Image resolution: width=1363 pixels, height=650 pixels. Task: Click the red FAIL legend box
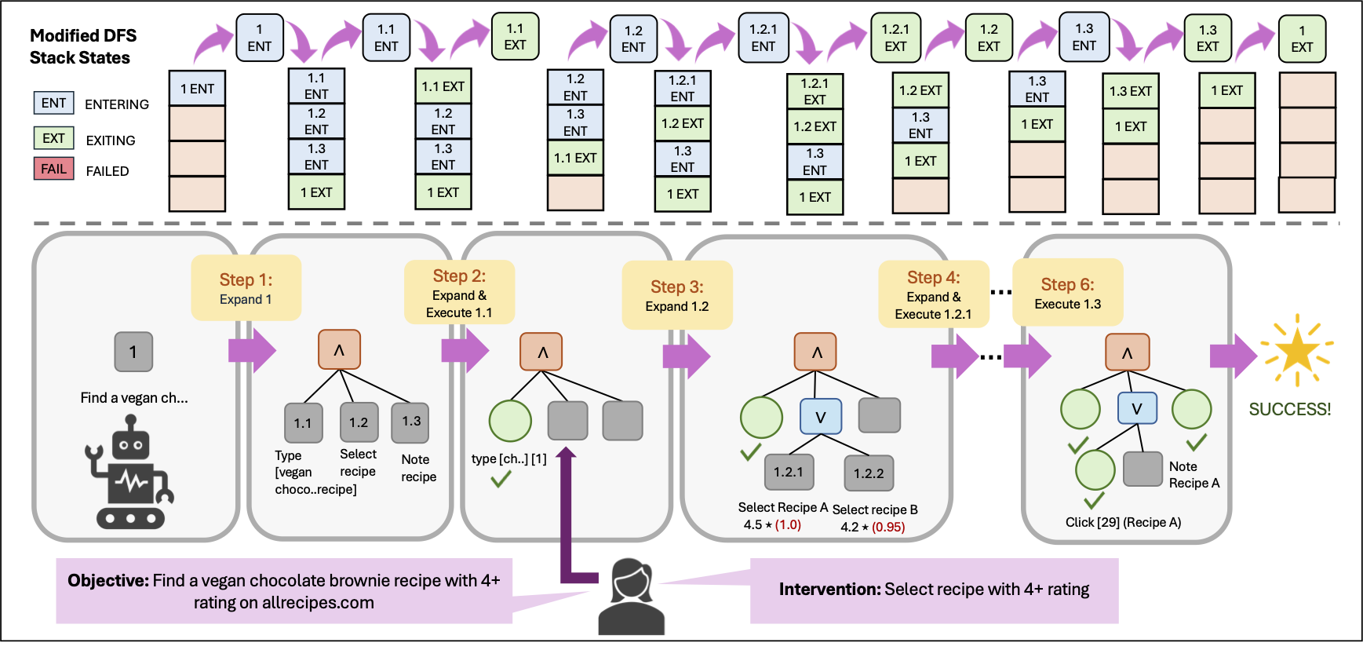pyautogui.click(x=53, y=169)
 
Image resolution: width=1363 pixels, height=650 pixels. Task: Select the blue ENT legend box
pyautogui.click(x=53, y=103)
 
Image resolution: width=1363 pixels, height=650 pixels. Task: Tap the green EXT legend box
pyautogui.click(x=53, y=138)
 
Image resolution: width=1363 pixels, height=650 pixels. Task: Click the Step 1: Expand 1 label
pyautogui.click(x=246, y=288)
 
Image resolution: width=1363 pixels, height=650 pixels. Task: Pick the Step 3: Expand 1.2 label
pyautogui.click(x=676, y=295)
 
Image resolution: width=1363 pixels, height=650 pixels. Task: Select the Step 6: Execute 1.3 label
pyautogui.click(x=1067, y=293)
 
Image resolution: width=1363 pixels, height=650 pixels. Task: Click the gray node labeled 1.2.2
pyautogui.click(x=868, y=473)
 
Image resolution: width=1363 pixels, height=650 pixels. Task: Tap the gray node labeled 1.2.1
pyautogui.click(x=789, y=471)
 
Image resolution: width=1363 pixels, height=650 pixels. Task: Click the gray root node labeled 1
pyautogui.click(x=133, y=352)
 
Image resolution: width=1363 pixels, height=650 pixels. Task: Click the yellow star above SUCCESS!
pyautogui.click(x=1296, y=351)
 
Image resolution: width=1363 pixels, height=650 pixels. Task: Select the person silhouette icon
pyautogui.click(x=631, y=597)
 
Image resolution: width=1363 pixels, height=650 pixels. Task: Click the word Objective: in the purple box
pyautogui.click(x=108, y=581)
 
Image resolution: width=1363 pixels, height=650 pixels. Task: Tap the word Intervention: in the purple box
pyautogui.click(x=829, y=590)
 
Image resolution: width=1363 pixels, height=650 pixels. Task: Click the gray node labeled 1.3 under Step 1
pyautogui.click(x=411, y=422)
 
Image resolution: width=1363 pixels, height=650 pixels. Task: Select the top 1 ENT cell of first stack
pyautogui.click(x=197, y=89)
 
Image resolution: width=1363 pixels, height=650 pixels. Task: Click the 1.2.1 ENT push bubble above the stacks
pyautogui.click(x=763, y=38)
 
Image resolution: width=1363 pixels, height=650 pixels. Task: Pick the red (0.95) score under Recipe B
pyautogui.click(x=888, y=527)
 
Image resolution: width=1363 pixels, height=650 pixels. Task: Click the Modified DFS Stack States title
pyautogui.click(x=82, y=46)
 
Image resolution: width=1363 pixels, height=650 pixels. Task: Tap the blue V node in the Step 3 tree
pyautogui.click(x=820, y=417)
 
